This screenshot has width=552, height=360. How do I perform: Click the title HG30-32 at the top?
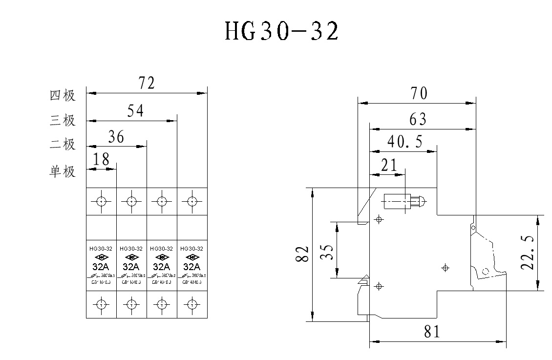tap(281, 32)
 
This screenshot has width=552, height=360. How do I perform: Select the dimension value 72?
tap(146, 83)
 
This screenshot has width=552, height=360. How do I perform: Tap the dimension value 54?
tap(135, 111)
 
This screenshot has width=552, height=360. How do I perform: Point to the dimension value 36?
tap(116, 137)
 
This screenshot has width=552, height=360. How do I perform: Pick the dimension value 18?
tap(102, 159)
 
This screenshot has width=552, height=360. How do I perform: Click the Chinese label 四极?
tap(63, 95)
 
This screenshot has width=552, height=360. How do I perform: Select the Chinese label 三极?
tap(63, 120)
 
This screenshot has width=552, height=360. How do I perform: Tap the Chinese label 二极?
tap(63, 145)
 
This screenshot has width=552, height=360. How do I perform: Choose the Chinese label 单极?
tap(63, 172)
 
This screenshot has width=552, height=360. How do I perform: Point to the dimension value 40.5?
tap(405, 142)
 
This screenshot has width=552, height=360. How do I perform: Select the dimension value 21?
tap(389, 165)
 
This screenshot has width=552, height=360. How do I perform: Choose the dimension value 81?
tap(432, 332)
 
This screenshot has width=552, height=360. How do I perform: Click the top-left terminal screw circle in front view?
tap(101, 201)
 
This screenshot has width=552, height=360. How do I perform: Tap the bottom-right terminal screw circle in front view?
tap(191, 304)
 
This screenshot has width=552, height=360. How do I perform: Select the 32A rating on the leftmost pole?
tap(101, 267)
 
